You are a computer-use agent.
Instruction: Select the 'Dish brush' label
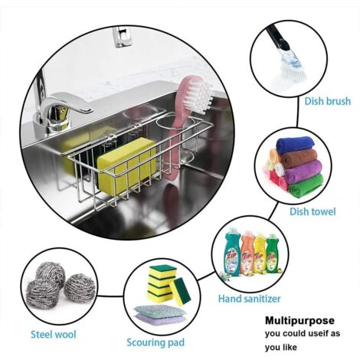pos(328,101)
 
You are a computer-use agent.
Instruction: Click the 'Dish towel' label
pos(313,211)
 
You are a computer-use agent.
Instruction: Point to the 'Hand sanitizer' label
pos(249,299)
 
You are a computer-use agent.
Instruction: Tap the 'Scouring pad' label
pos(155,342)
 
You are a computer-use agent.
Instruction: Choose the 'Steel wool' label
pos(54,334)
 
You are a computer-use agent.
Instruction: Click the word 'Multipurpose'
pos(299,320)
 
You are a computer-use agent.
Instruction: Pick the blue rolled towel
pos(295,145)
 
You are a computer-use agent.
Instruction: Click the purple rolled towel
pos(303,172)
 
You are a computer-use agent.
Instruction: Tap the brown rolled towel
pos(299,158)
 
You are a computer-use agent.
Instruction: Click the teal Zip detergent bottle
pos(232,253)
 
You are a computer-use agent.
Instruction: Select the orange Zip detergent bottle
pos(247,252)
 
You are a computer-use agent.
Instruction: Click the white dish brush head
pos(293,67)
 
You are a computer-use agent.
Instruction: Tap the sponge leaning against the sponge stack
pos(181,292)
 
